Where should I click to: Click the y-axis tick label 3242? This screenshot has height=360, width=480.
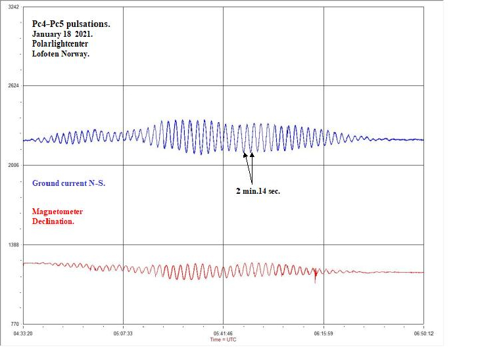click(x=12, y=7)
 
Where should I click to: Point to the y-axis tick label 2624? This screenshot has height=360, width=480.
click(x=12, y=85)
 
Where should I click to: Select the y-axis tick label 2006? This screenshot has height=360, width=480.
click(x=12, y=165)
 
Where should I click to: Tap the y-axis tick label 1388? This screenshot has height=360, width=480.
click(x=12, y=244)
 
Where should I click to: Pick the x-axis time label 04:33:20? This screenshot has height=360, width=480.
click(x=24, y=333)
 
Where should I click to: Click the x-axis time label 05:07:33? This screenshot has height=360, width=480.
click(x=124, y=333)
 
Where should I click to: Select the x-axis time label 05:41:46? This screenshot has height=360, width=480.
click(x=224, y=333)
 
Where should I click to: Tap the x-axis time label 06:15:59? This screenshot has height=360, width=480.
click(x=324, y=333)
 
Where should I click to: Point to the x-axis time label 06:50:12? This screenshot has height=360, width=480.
click(x=423, y=333)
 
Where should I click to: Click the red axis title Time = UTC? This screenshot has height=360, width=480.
click(x=224, y=340)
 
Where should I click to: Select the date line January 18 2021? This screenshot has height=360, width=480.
click(x=63, y=34)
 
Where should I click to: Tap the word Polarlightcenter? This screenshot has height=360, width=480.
click(x=60, y=44)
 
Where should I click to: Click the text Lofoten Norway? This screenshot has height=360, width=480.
click(x=60, y=54)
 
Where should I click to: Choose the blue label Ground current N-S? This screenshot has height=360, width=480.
click(x=68, y=183)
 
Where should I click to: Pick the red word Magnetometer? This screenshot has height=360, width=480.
click(x=58, y=212)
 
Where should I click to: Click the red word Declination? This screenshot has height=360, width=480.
click(x=53, y=221)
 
